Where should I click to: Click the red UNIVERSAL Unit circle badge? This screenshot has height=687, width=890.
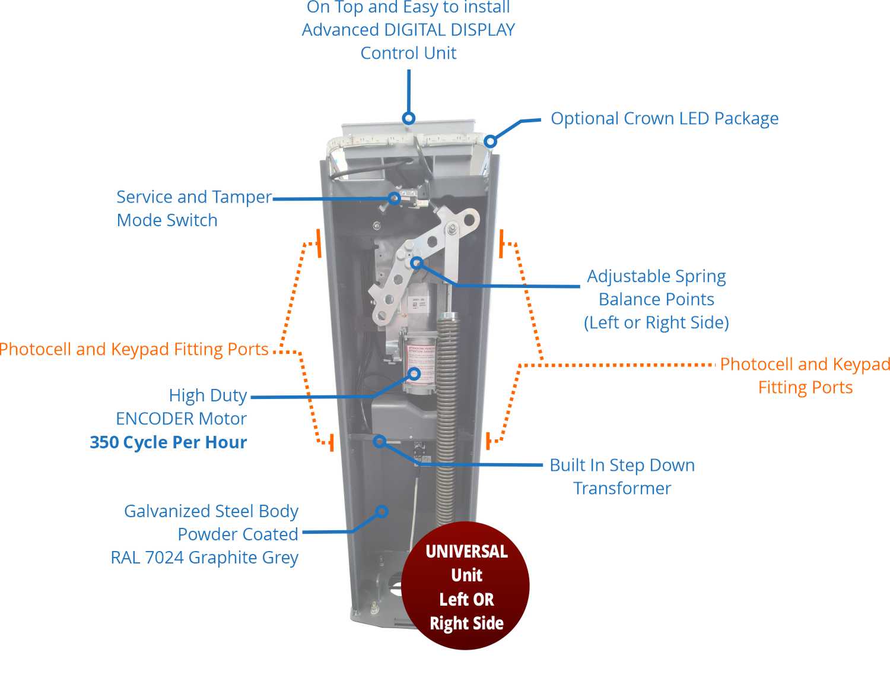tap(466, 586)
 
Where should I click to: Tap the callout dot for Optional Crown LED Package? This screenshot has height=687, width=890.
tap(490, 141)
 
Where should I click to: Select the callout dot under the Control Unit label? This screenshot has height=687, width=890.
tap(409, 118)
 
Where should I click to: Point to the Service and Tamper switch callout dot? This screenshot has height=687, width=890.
tap(395, 198)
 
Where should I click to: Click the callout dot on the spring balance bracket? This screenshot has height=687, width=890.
tap(417, 262)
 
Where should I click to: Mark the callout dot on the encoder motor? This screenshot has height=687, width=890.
tap(415, 373)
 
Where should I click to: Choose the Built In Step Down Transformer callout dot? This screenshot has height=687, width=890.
tap(380, 441)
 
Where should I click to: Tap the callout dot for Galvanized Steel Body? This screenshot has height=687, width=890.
tap(382, 511)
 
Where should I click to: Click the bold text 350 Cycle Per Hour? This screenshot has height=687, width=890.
tap(168, 442)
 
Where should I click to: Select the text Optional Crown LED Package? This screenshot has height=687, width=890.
tap(665, 118)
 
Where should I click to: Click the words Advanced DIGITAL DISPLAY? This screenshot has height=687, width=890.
tap(408, 30)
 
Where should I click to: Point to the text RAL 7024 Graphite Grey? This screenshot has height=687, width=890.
tap(205, 558)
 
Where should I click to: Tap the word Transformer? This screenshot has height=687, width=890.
tap(622, 488)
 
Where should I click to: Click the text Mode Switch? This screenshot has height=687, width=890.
tap(167, 220)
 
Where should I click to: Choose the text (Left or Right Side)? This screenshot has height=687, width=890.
tap(656, 322)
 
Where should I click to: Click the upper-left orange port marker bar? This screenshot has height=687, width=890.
tap(319, 243)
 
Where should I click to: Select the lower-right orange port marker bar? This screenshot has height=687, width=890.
tap(488, 441)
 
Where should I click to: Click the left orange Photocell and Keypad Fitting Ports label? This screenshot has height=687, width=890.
tap(134, 349)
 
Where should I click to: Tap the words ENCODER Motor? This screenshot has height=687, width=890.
tap(181, 419)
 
